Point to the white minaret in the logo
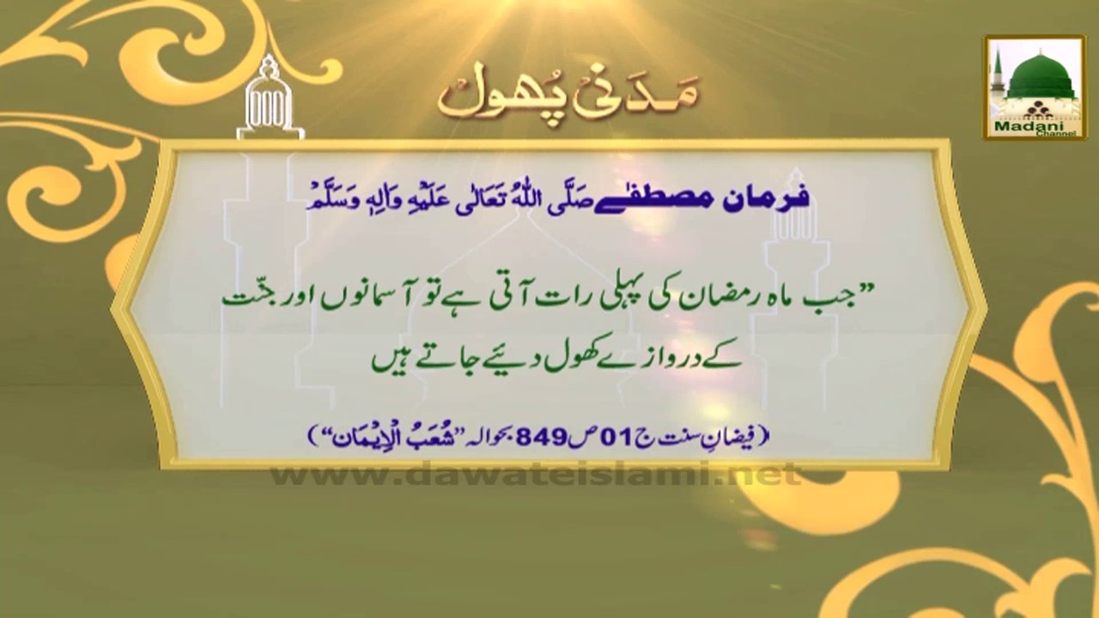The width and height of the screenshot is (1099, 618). pyautogui.click(x=998, y=82)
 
